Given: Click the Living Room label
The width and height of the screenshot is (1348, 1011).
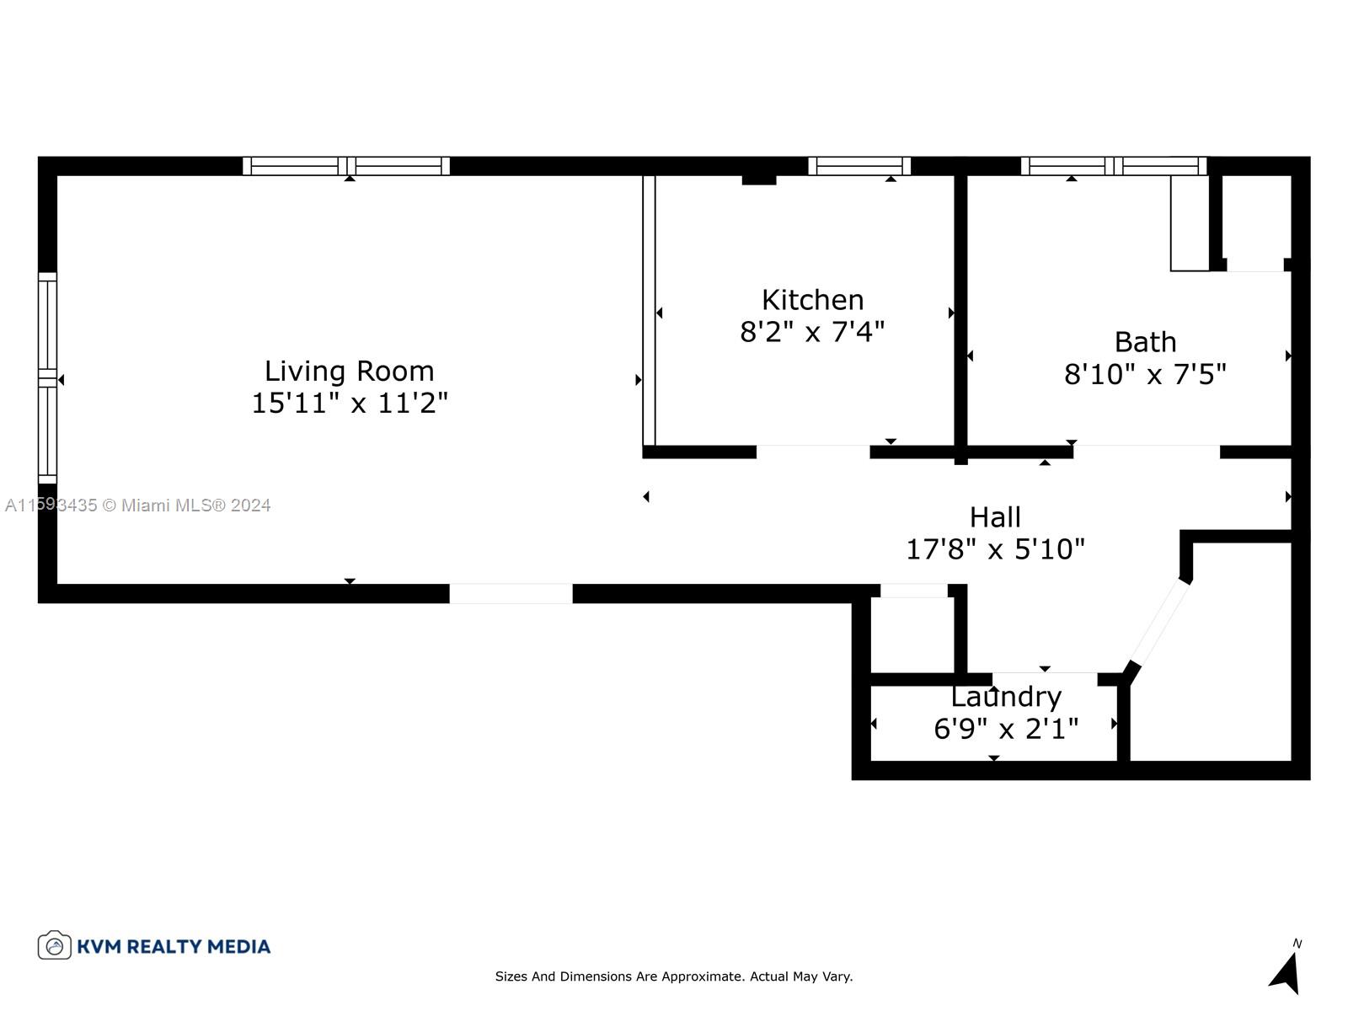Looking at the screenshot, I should [x=349, y=371].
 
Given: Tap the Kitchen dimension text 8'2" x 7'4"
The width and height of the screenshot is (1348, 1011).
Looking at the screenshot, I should [x=812, y=332].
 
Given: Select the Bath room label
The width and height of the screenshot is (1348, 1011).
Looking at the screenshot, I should [x=1145, y=342].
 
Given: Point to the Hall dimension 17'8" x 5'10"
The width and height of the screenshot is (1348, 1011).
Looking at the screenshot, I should [x=995, y=549].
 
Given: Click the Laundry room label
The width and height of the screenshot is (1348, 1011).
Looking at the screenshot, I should [x=1006, y=697].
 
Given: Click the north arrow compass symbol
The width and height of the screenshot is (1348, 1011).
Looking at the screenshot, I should [x=1286, y=971].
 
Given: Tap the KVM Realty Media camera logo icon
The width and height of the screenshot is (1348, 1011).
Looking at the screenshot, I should [x=54, y=945].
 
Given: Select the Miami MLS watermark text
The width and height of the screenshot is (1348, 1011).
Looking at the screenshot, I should [x=138, y=505].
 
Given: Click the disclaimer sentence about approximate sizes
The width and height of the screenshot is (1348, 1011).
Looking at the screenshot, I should [x=674, y=976].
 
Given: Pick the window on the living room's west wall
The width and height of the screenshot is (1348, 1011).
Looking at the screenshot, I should [x=47, y=378].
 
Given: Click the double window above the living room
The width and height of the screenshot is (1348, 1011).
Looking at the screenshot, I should [x=346, y=166].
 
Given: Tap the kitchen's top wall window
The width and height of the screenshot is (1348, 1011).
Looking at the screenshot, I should [x=859, y=166].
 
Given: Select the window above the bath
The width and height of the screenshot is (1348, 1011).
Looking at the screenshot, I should [x=1113, y=166].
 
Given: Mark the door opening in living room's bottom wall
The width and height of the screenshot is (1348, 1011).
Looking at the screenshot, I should [x=511, y=593].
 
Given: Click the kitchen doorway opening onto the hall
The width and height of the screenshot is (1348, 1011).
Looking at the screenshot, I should [x=812, y=452].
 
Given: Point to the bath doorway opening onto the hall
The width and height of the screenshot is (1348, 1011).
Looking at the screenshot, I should [x=1146, y=452].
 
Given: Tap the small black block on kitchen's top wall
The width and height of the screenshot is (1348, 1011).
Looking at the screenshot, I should [x=758, y=179].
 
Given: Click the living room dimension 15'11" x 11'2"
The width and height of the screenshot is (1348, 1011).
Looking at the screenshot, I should [x=349, y=403].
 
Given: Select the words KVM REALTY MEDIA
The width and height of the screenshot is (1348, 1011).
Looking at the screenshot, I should [x=174, y=946].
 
